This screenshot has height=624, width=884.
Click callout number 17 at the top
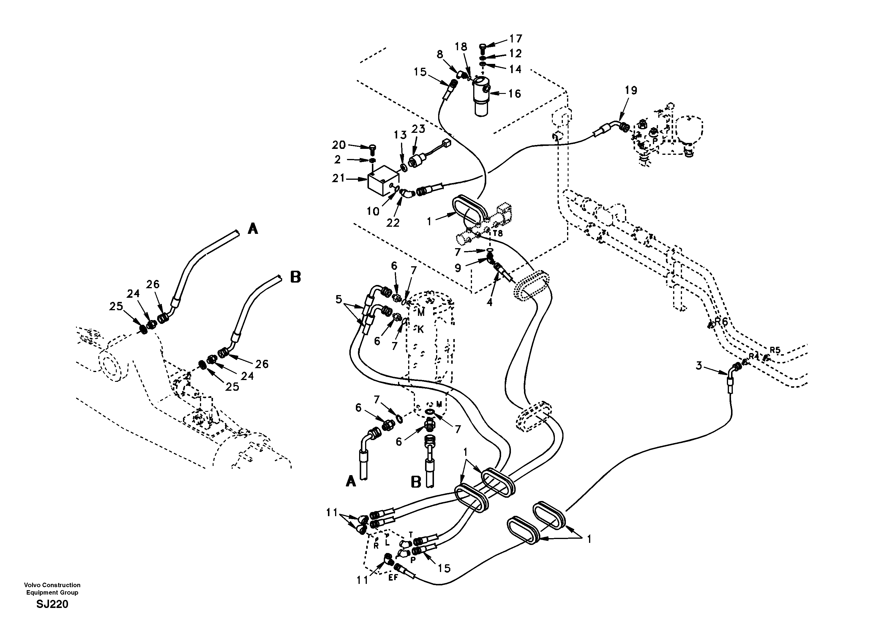pos(516,39)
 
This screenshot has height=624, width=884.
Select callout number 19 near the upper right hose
pos(631,91)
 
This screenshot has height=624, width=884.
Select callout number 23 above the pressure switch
pos(418,129)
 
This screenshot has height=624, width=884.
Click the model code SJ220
pos(52,604)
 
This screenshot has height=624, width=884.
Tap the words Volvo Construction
pos(52,585)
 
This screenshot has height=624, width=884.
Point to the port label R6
pos(722,321)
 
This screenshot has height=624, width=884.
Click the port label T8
pos(498,234)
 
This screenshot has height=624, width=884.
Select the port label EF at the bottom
pos(393,577)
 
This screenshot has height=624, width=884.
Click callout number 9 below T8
pos(457,268)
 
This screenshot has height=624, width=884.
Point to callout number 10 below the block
pos(373,211)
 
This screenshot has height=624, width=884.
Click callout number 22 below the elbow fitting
pos(393,223)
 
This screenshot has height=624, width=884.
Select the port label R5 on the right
pos(775,350)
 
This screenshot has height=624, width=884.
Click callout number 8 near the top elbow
pos(440,54)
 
